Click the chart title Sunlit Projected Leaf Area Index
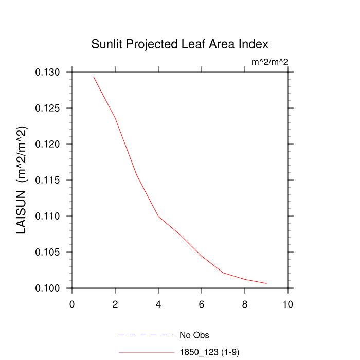click(180, 44)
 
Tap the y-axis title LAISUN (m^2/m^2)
click(22, 180)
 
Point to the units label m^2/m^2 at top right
click(269, 62)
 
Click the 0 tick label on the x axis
click(72, 304)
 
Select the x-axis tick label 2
click(115, 304)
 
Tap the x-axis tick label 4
click(158, 304)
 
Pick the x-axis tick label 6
click(202, 304)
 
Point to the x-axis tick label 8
click(245, 304)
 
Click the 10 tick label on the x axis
click(288, 304)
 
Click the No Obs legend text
click(194, 335)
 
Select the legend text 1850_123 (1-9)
click(209, 352)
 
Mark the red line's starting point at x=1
click(94, 77)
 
